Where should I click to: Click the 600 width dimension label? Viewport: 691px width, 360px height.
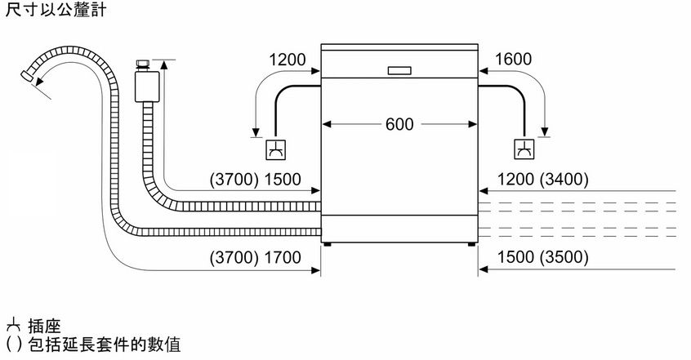[399, 124]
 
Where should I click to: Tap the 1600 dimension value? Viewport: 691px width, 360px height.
[513, 59]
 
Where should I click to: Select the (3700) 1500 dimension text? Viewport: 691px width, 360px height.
[255, 180]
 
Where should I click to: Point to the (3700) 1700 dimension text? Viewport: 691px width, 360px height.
[255, 257]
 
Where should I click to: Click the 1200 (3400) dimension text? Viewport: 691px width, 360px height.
[543, 180]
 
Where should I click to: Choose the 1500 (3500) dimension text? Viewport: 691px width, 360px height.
[543, 257]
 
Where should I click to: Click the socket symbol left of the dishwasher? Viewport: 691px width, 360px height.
[275, 150]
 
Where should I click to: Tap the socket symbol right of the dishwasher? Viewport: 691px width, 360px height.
[524, 149]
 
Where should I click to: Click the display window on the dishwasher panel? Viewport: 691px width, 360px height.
[399, 70]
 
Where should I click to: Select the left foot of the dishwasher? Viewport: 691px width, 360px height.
[328, 243]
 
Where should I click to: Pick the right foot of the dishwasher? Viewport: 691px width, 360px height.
[471, 243]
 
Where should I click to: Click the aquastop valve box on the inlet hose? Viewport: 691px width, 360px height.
[147, 87]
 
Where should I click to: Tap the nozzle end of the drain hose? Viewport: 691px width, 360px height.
[27, 75]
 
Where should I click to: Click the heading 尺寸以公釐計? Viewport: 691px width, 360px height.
[56, 9]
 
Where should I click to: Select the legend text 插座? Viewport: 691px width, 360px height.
[44, 327]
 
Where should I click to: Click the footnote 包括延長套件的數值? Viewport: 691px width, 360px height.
[105, 344]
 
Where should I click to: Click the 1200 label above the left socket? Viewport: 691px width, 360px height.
[288, 60]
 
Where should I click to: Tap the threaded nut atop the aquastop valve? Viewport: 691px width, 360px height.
[143, 65]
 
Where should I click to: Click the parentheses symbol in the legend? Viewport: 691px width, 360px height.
[14, 344]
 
